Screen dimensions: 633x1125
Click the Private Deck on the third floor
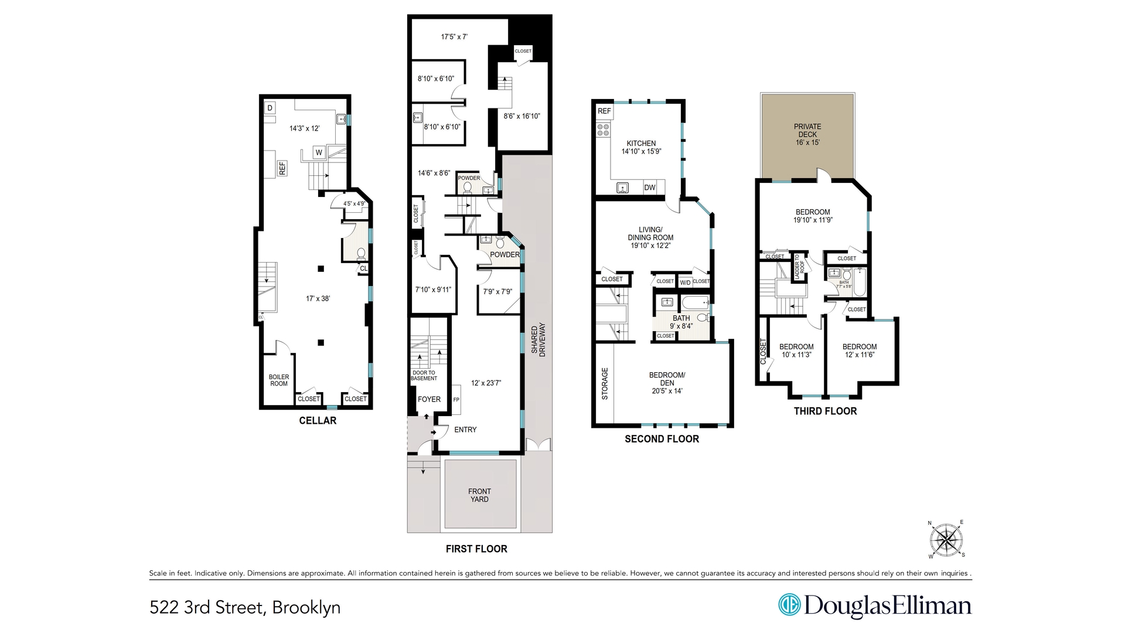[x=807, y=135]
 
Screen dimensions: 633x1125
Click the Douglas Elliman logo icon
[x=789, y=605]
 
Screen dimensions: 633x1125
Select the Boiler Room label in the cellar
[x=279, y=380]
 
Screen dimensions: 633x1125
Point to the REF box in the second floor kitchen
[x=604, y=111]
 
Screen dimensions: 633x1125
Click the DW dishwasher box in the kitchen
[x=650, y=188]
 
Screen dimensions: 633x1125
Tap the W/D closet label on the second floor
[x=685, y=283]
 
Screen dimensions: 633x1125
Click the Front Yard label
[x=479, y=495]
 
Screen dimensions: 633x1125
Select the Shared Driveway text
[x=538, y=340]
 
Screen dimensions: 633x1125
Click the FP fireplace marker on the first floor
[x=456, y=400]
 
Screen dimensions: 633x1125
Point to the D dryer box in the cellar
[x=270, y=108]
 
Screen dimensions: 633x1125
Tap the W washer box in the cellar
[x=319, y=152]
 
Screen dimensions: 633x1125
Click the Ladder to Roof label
[x=797, y=267]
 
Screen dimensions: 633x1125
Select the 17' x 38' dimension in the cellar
[x=318, y=298]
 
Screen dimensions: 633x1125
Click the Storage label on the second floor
[x=605, y=384]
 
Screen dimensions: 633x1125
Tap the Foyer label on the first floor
[x=429, y=399]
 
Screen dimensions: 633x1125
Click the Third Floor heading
[x=825, y=411]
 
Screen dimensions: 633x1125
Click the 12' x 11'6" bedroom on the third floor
[x=860, y=350]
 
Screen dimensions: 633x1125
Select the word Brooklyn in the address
[x=306, y=608]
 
